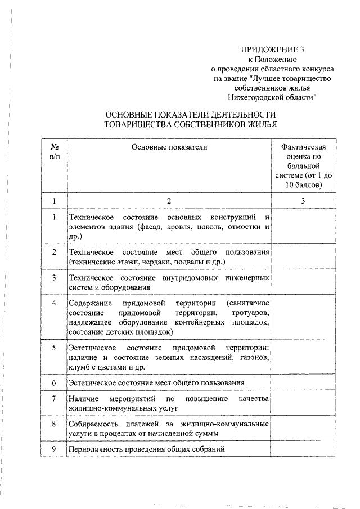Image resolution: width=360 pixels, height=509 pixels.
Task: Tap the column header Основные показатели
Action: (x=169, y=147)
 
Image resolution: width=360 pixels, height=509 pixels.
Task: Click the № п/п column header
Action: (x=54, y=152)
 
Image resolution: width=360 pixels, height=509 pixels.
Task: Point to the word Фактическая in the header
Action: (x=303, y=147)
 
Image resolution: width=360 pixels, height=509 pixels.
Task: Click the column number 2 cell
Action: (x=168, y=201)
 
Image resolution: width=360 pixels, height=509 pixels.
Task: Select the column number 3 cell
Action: (x=303, y=201)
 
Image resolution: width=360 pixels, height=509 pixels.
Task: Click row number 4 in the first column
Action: (x=54, y=303)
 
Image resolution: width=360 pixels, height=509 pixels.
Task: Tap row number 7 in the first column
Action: (x=54, y=398)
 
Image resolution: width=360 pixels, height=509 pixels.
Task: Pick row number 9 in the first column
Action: (x=54, y=449)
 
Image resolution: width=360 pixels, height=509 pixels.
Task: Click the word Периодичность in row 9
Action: (x=94, y=449)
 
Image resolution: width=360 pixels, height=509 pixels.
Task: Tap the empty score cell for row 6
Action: (x=303, y=382)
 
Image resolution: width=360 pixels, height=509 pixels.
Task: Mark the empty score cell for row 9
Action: (x=303, y=449)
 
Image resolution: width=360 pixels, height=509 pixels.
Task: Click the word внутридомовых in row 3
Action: (x=181, y=278)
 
